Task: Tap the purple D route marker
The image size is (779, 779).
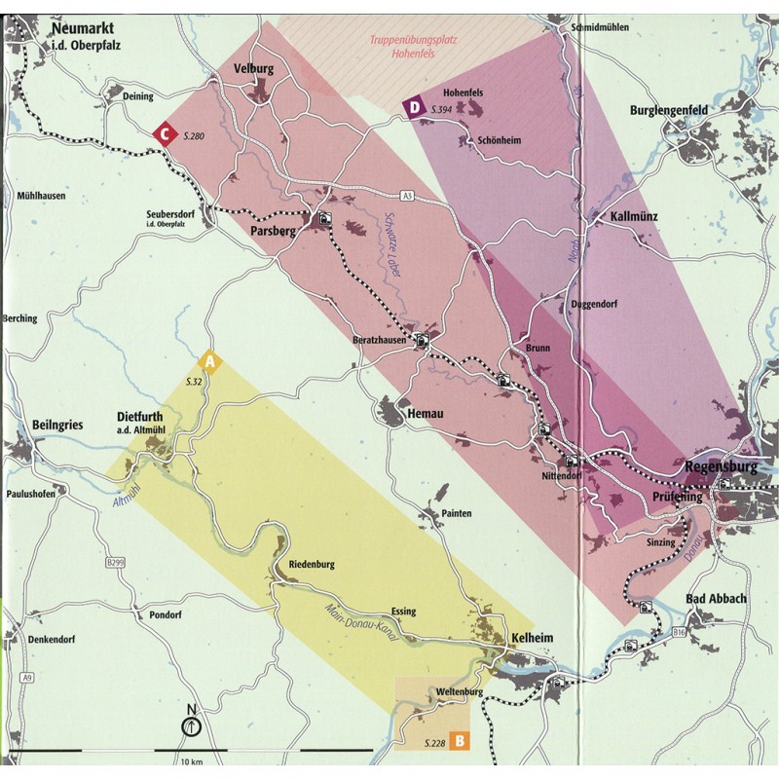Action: click(415, 107)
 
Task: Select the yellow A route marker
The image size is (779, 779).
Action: click(214, 363)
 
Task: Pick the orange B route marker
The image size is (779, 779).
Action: click(460, 741)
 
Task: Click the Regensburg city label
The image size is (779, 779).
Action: click(721, 465)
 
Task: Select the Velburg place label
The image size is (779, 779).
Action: click(255, 69)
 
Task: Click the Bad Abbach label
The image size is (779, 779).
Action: click(716, 599)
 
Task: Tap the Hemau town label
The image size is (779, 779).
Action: click(427, 414)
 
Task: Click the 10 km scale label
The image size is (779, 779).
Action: click(191, 761)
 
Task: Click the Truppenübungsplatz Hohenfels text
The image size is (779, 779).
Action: click(413, 47)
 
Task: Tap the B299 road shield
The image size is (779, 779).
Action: click(115, 563)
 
